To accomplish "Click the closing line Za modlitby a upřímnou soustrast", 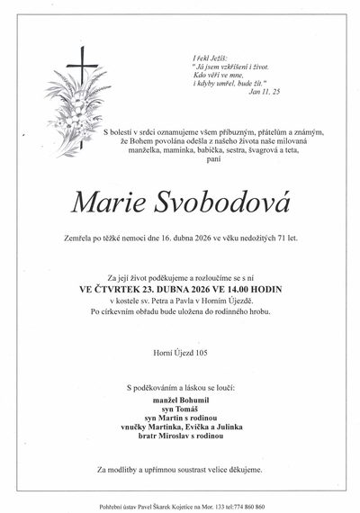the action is point(180,471).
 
